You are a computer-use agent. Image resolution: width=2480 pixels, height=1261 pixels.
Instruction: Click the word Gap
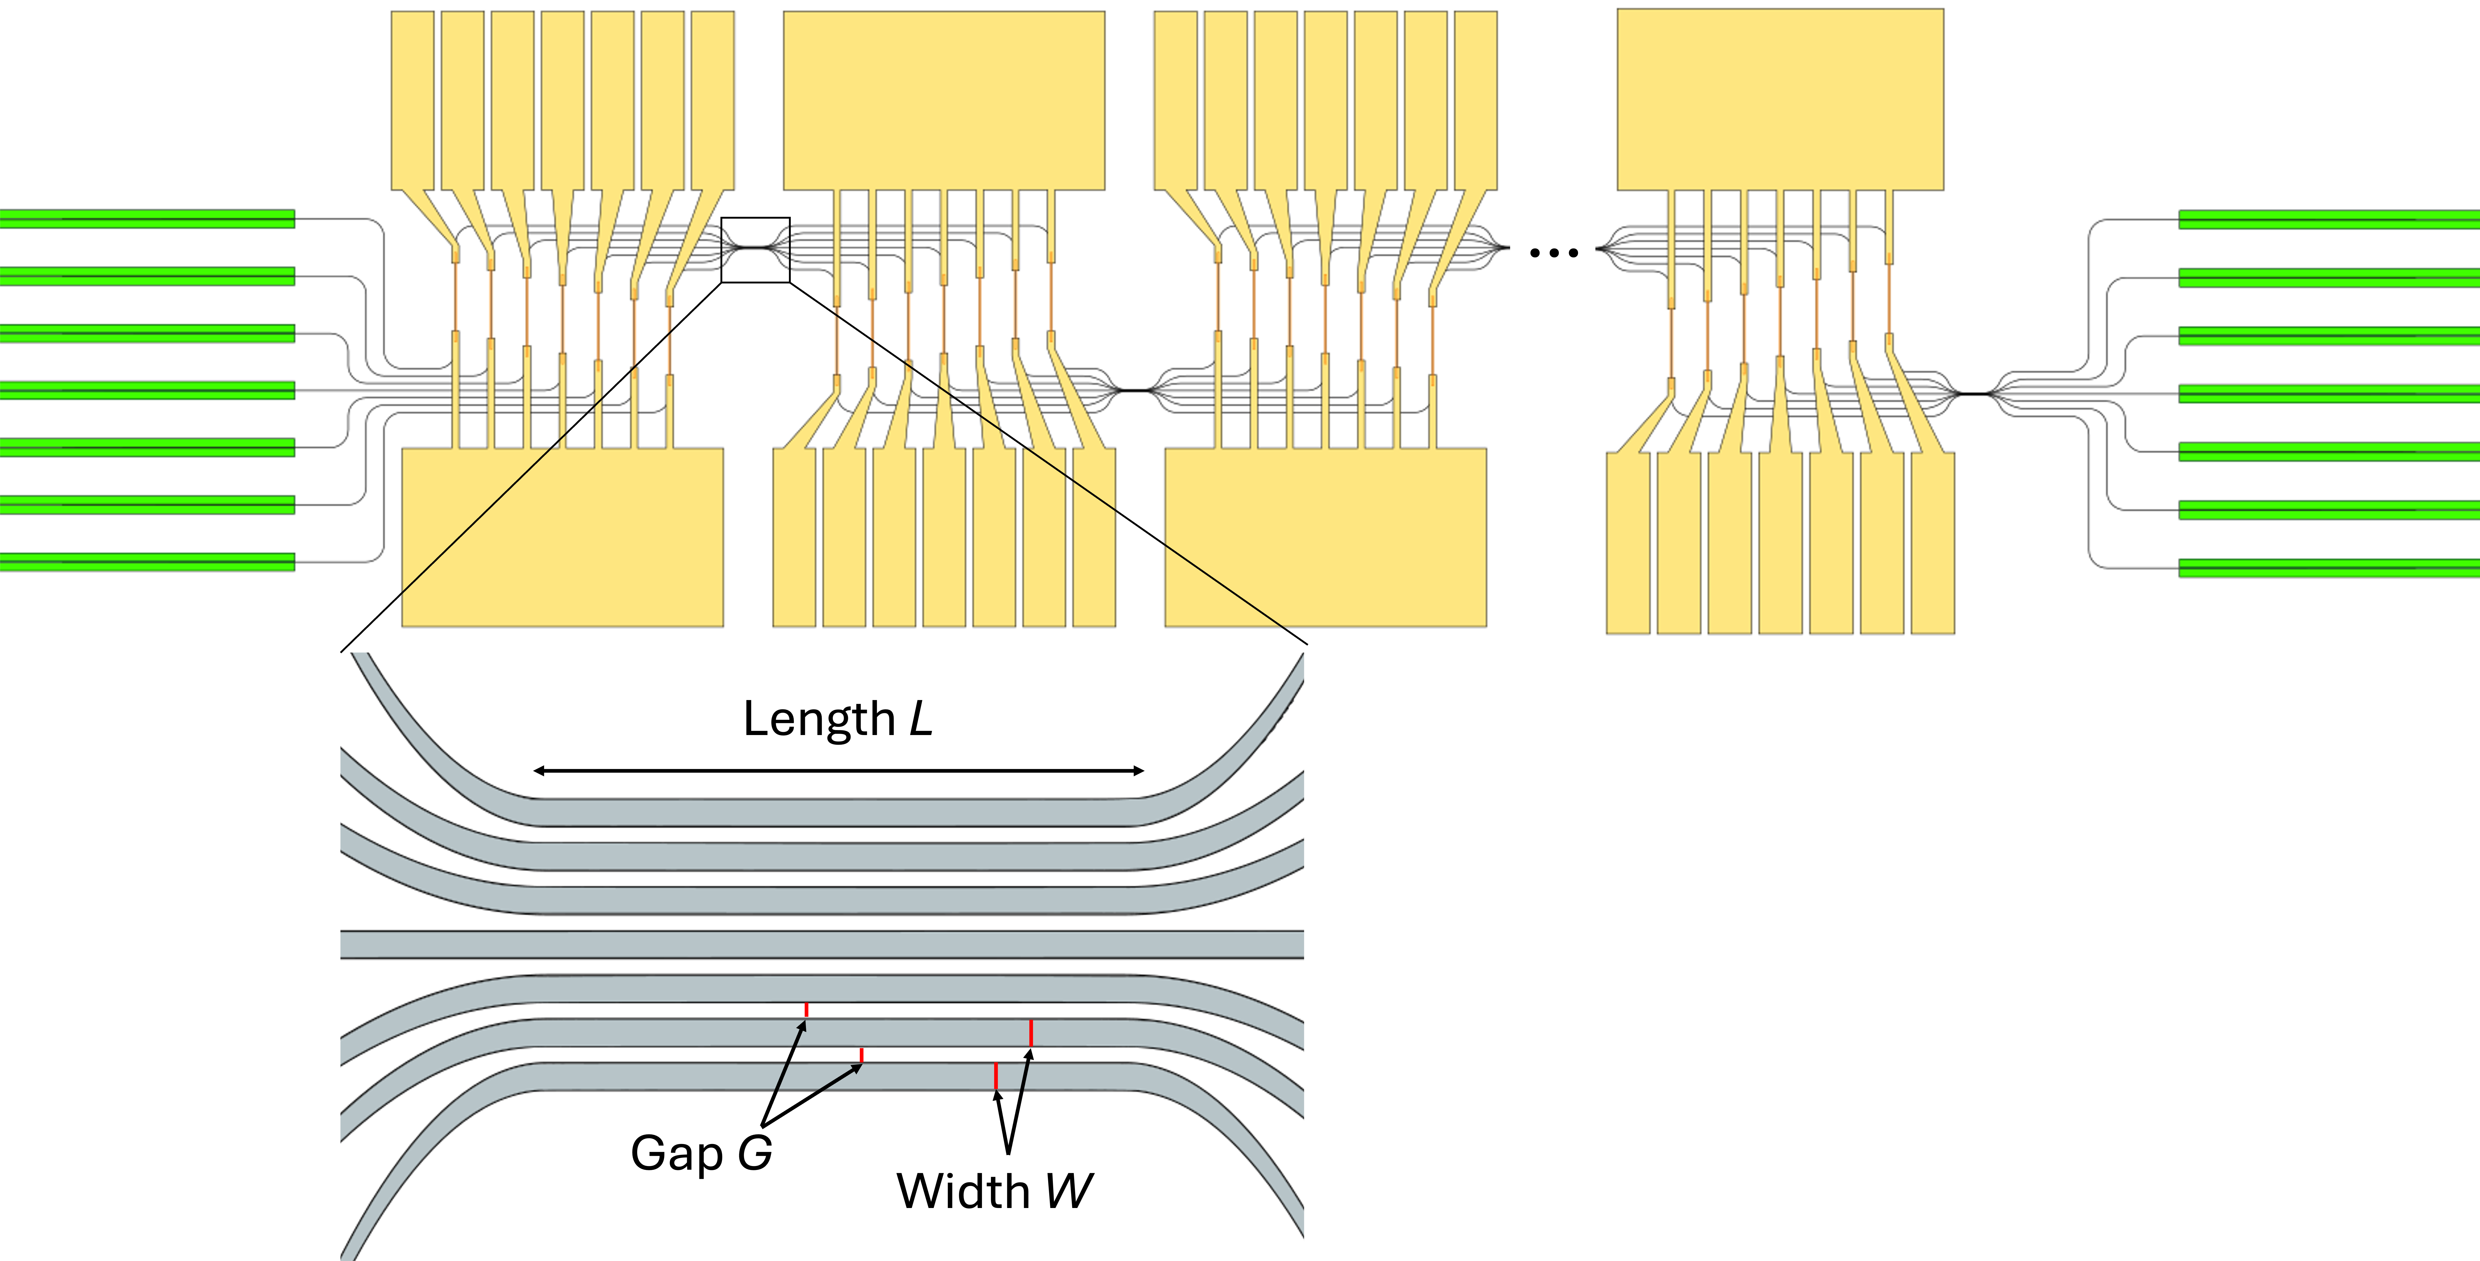pyautogui.click(x=677, y=1153)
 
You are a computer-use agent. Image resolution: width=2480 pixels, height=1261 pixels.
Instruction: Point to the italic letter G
pyautogui.click(x=755, y=1153)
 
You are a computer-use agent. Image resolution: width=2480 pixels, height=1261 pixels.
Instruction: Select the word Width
pyautogui.click(x=963, y=1192)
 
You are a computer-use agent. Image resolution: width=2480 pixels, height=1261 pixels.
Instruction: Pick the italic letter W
pyautogui.click(x=1069, y=1192)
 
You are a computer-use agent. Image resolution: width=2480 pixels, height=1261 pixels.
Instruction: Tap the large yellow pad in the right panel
pyautogui.click(x=1780, y=99)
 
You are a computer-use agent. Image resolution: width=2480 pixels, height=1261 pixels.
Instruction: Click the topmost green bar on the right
pyautogui.click(x=2328, y=220)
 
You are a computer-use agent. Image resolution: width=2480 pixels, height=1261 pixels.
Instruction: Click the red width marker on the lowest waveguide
pyautogui.click(x=995, y=1076)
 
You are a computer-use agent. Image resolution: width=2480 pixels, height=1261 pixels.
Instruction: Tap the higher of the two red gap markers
pyautogui.click(x=806, y=1010)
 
